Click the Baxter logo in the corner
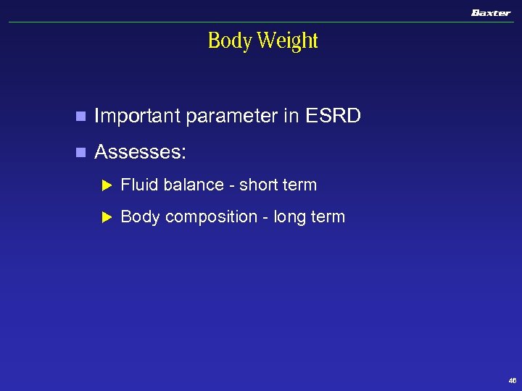click(x=491, y=13)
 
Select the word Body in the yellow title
click(x=230, y=41)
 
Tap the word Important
click(x=137, y=116)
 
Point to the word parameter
click(x=231, y=116)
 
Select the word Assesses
click(x=140, y=152)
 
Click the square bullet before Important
click(x=80, y=117)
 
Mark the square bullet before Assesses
click(x=80, y=153)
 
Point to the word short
click(x=259, y=185)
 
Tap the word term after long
click(x=328, y=216)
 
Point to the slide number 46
click(x=513, y=381)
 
